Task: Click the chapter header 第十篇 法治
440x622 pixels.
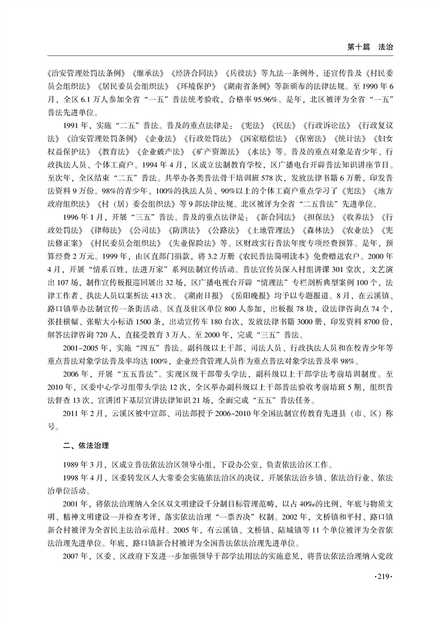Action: pyautogui.click(x=370, y=48)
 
